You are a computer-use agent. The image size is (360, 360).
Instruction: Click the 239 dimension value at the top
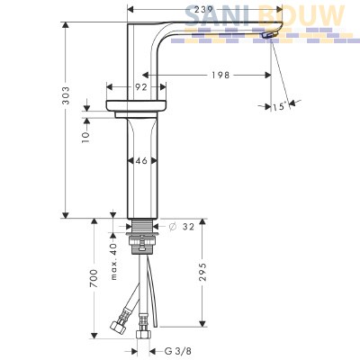pyautogui.click(x=204, y=10)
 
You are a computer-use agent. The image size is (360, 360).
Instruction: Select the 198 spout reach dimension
pyautogui.click(x=220, y=75)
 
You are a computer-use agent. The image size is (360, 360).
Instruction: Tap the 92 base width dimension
pyautogui.click(x=141, y=87)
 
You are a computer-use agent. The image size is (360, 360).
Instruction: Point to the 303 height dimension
pyautogui.click(x=66, y=95)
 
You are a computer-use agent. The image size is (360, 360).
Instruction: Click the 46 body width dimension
pyautogui.click(x=141, y=161)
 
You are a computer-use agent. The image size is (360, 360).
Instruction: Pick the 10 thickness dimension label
pyautogui.click(x=85, y=137)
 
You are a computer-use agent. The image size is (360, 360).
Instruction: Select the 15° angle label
pyautogui.click(x=279, y=106)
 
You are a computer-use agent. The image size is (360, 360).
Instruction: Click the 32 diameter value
pyautogui.click(x=188, y=227)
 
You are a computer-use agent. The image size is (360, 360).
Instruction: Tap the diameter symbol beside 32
pyautogui.click(x=172, y=227)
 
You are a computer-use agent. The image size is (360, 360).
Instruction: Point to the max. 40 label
pyautogui.click(x=114, y=261)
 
